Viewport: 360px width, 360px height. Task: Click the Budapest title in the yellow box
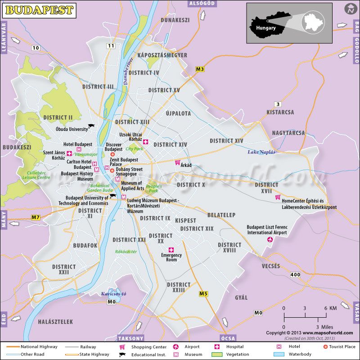click(40, 9)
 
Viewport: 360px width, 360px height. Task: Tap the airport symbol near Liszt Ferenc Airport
click(270, 240)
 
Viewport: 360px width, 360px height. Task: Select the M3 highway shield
click(200, 69)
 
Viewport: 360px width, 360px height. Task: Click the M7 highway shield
click(36, 217)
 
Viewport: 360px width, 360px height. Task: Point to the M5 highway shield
click(203, 293)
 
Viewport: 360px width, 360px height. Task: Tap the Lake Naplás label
click(261, 152)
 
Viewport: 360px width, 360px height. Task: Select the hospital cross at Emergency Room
click(171, 250)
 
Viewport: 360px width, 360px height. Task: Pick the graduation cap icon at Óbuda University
click(91, 127)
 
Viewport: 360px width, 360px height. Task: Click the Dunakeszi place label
click(175, 20)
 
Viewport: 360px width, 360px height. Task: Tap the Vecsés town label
click(271, 266)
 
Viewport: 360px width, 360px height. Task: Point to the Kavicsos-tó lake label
click(113, 294)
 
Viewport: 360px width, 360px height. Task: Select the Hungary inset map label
click(265, 28)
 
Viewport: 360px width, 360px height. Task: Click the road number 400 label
click(295, 274)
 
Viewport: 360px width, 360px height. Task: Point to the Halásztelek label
click(56, 322)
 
